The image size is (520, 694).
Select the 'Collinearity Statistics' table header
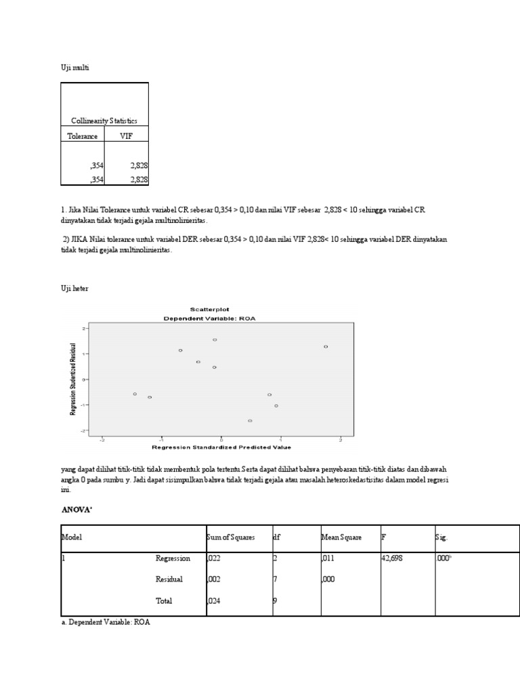tap(104, 121)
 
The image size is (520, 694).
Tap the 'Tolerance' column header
tap(82, 136)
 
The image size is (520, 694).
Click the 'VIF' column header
tap(127, 136)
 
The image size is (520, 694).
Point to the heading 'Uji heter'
tap(74, 289)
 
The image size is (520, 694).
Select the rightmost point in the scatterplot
tap(326, 346)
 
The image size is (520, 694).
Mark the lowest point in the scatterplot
tap(250, 421)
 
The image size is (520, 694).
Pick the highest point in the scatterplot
tap(215, 340)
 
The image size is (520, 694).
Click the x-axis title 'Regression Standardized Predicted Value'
tap(221, 447)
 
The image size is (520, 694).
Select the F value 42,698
tap(395, 558)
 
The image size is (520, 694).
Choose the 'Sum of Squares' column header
tap(231, 537)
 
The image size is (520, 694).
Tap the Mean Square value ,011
tap(328, 558)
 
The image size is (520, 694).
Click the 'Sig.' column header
tap(442, 537)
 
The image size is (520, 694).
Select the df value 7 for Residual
tap(275, 579)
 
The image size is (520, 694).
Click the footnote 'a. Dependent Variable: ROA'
tap(105, 622)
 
